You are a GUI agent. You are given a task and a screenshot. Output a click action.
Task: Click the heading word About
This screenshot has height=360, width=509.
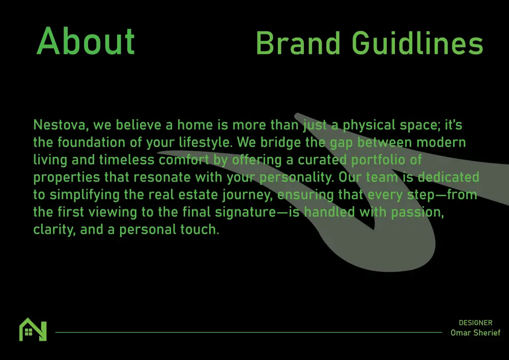coord(86,41)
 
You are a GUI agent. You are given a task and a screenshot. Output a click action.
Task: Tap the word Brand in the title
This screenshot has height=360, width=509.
coord(298,43)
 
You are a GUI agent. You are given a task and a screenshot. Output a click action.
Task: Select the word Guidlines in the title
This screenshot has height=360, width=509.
coord(418,43)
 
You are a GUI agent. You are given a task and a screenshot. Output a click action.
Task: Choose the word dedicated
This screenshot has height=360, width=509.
coord(448,177)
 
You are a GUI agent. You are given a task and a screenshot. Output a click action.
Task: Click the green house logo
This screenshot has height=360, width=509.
coord(33,329)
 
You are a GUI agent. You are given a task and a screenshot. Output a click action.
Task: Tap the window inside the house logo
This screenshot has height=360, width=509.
coord(29,331)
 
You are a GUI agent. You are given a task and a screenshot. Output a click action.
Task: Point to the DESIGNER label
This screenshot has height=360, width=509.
coord(475,323)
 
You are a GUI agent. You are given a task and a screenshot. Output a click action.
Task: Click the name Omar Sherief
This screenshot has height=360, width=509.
coord(475,333)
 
